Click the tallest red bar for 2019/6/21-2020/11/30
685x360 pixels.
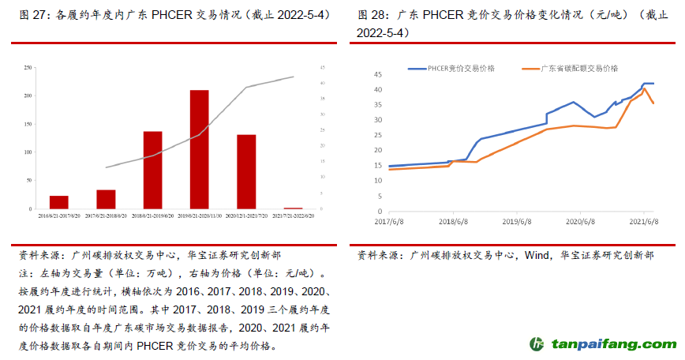[x=200, y=149]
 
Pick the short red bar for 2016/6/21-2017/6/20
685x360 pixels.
[x=59, y=202]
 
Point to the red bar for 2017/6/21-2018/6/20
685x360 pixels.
[x=106, y=199]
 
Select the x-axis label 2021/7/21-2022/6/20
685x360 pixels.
[x=293, y=215]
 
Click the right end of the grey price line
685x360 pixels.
[x=294, y=77]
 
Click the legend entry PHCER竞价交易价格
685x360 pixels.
[x=462, y=69]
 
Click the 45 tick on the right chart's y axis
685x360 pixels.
[x=378, y=74]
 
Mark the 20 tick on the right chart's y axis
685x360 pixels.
[x=378, y=151]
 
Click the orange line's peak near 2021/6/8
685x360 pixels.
[x=645, y=88]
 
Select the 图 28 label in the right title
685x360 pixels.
[x=372, y=15]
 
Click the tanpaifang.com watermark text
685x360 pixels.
[x=613, y=345]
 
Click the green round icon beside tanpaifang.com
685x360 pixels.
[x=537, y=344]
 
